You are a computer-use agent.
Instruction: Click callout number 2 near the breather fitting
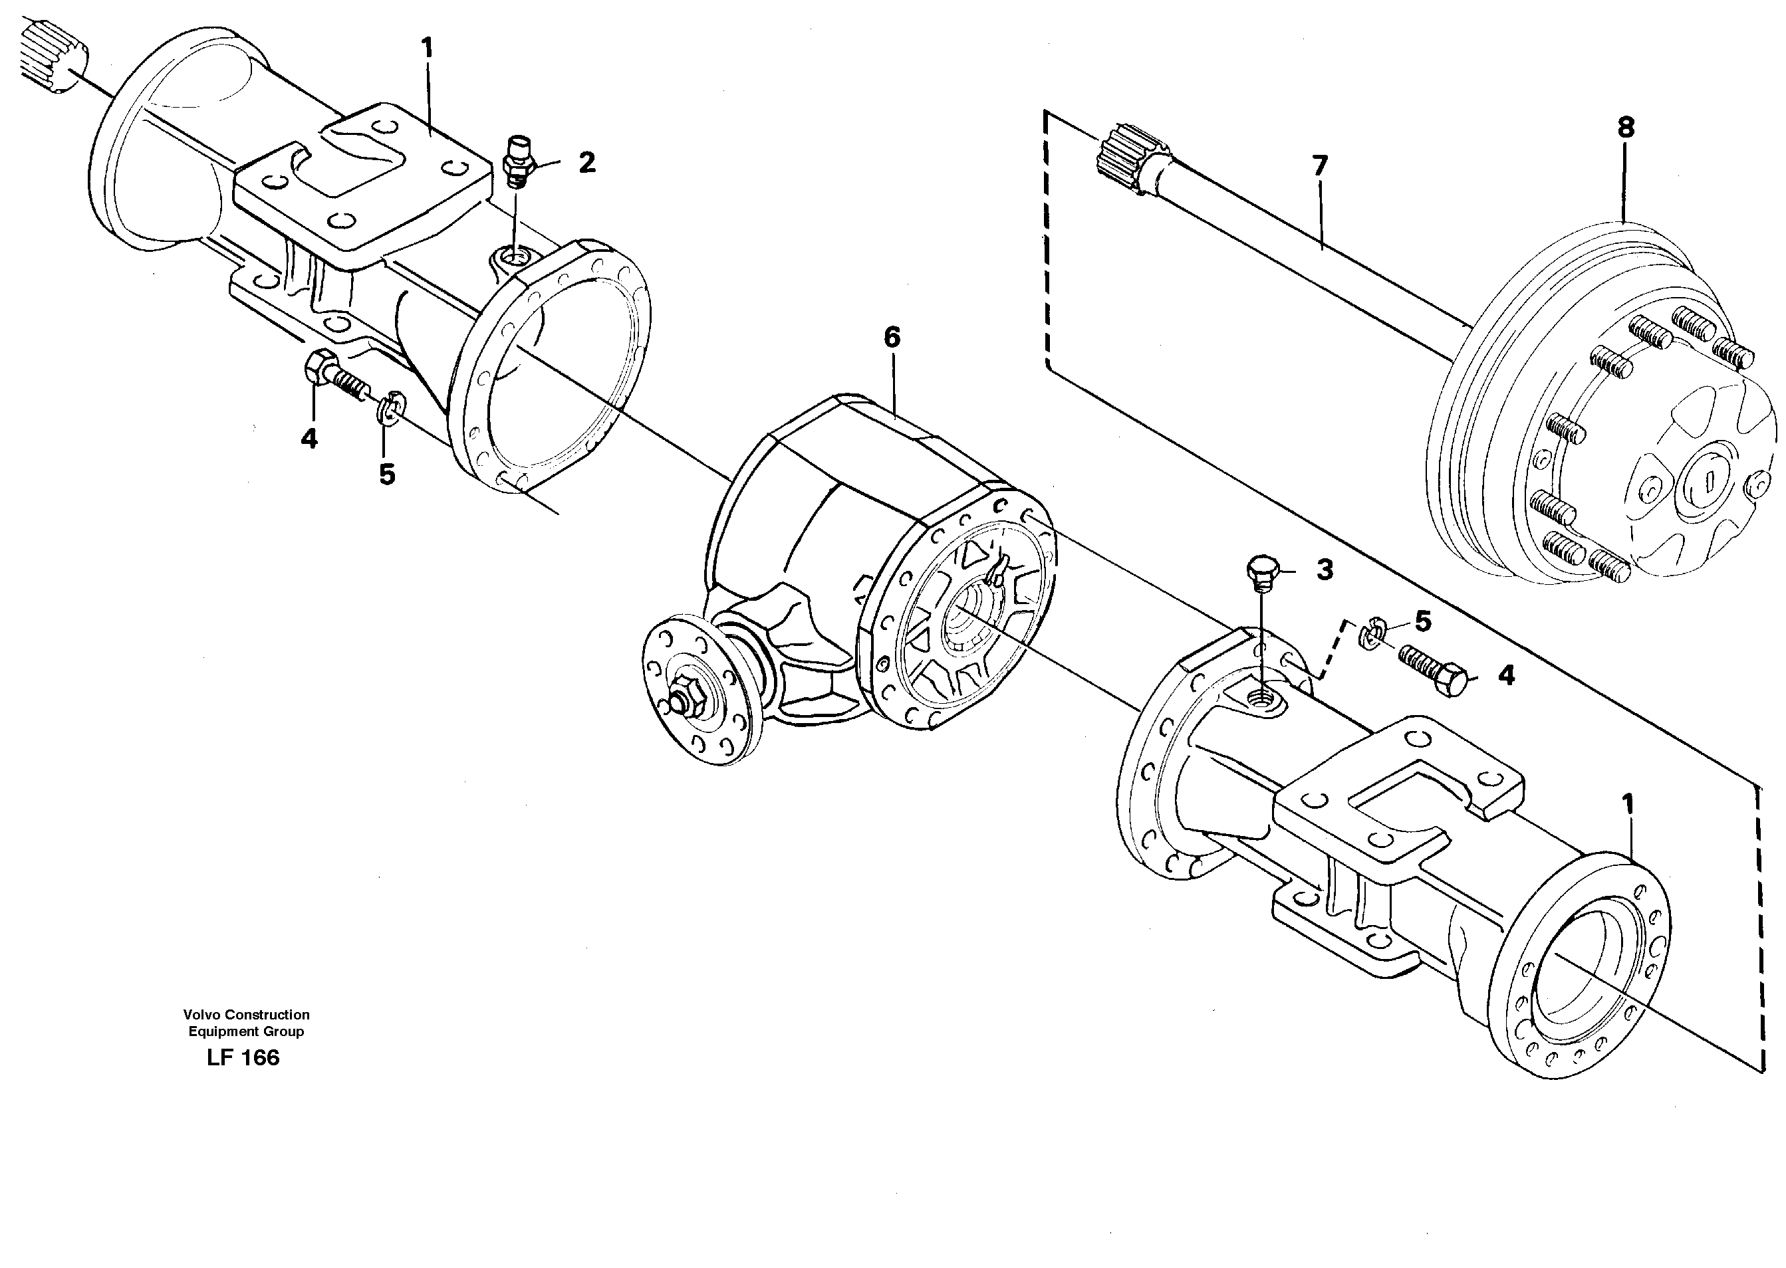586,162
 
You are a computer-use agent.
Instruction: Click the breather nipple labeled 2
517,161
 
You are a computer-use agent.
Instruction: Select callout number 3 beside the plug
1325,570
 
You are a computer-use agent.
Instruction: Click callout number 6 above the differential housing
892,338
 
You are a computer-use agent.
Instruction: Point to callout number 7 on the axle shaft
1319,166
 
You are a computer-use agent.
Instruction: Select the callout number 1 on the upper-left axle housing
427,49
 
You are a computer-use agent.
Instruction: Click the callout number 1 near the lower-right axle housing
1628,804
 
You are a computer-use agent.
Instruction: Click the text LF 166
243,1058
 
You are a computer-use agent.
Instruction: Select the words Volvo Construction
246,1015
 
